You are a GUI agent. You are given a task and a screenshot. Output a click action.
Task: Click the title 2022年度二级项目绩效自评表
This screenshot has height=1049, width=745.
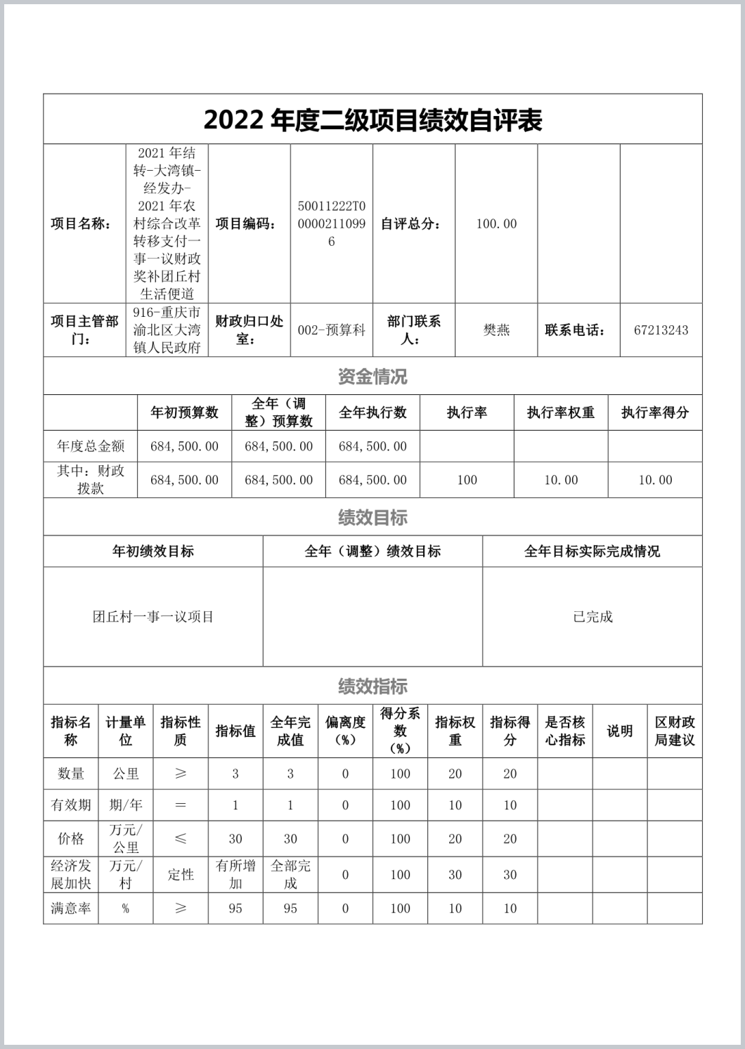372,120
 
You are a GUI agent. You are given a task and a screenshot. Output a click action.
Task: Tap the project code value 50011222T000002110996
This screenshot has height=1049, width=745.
332,224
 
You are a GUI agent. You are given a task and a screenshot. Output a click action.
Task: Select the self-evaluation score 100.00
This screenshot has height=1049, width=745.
496,224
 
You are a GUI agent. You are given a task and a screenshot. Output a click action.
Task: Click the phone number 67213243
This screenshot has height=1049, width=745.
661,330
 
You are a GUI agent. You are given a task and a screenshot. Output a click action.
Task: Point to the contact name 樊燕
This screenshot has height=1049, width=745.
496,330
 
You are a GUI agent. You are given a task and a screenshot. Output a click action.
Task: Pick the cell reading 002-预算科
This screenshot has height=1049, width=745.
332,330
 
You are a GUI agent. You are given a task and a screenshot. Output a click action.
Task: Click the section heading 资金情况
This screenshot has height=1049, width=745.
372,377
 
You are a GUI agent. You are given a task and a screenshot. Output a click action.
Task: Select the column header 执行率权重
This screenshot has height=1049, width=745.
561,412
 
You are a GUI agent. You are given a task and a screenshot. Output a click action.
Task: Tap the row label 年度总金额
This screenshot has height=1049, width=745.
91,446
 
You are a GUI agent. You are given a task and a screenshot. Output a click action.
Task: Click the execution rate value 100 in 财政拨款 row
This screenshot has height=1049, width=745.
467,480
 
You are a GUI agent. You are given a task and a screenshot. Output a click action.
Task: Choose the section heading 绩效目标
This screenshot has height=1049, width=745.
372,518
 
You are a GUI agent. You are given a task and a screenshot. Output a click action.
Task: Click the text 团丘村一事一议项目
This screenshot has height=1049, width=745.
153,617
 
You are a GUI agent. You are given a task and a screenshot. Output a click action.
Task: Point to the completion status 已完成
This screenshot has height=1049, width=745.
592,617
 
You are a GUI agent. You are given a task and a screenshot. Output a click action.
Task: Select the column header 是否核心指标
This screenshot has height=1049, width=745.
565,731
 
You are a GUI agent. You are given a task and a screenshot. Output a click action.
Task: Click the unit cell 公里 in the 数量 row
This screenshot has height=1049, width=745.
126,774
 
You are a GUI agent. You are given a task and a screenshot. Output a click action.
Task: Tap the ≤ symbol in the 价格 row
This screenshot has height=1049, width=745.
181,839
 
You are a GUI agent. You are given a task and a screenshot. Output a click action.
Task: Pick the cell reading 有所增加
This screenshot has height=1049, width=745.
235,875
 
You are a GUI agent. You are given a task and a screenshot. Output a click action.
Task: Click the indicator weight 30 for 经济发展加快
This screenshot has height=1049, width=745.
455,875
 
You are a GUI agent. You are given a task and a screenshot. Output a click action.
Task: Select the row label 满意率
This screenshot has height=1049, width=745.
71,908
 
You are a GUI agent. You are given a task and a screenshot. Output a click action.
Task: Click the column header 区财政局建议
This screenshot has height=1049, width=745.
675,731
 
